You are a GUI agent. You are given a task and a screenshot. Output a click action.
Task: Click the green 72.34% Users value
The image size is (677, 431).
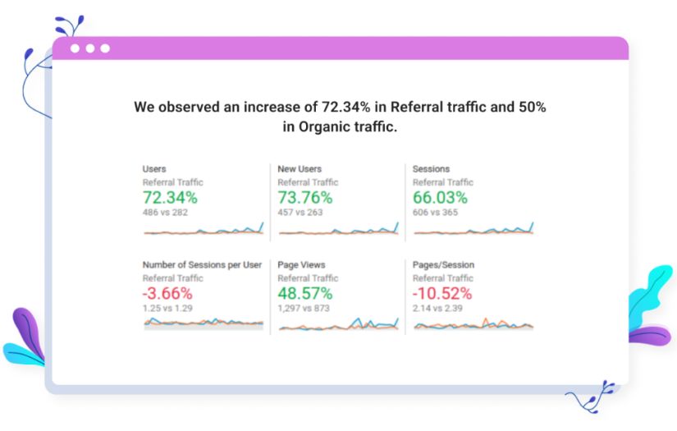(x=170, y=197)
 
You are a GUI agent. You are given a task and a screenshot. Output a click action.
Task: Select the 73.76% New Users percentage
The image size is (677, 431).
(x=305, y=197)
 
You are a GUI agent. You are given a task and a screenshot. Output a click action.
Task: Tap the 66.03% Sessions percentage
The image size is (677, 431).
(x=440, y=197)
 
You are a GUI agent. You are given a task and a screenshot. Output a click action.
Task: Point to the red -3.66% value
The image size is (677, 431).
(x=167, y=293)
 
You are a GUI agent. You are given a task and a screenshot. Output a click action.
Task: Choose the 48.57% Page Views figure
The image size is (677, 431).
(x=305, y=293)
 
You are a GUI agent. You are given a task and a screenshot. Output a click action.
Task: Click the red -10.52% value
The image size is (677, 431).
(x=442, y=293)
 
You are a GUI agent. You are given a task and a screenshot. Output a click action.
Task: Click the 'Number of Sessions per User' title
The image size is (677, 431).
(x=202, y=265)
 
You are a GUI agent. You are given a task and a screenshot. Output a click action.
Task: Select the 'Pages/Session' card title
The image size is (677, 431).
(x=443, y=265)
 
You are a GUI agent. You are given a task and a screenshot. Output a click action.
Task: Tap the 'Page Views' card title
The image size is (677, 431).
(x=301, y=265)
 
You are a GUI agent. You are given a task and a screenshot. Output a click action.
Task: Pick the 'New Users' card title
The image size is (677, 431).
(x=300, y=169)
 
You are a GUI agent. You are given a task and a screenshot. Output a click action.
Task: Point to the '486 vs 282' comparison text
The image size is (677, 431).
(x=166, y=212)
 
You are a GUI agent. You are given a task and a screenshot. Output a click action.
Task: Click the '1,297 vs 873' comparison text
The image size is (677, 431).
(x=304, y=308)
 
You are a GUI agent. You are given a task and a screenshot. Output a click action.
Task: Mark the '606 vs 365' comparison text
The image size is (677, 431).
(x=436, y=212)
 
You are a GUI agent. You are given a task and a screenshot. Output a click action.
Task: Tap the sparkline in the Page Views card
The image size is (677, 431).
(x=338, y=325)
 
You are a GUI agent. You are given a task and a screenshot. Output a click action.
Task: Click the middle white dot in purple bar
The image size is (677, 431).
(x=90, y=48)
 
